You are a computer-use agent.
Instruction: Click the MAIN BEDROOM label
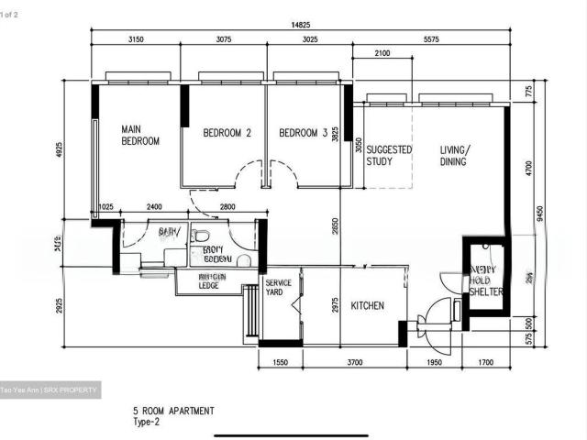140,136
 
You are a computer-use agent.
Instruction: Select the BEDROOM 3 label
303,133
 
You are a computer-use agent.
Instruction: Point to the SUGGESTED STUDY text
389,155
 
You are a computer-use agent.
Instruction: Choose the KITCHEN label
366,305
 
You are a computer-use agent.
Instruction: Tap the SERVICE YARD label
278,288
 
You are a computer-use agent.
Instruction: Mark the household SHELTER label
487,280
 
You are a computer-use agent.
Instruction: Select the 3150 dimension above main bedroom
136,40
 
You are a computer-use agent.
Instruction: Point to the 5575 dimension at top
426,40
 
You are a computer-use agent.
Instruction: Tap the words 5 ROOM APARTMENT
173,411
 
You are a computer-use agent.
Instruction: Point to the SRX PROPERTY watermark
93,390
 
